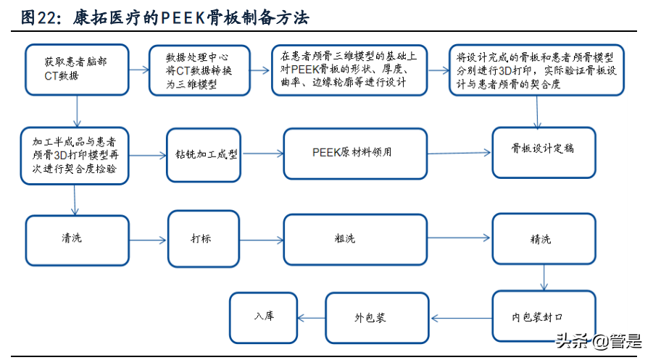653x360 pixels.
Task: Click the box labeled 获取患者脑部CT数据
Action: point(77,70)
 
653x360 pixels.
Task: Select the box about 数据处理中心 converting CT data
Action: point(199,70)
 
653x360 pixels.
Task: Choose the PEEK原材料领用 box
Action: point(355,153)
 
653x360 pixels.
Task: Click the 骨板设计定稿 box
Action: point(544,152)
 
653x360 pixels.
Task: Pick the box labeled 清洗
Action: point(77,239)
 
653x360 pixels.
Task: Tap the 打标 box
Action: point(203,239)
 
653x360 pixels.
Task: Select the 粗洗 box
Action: point(355,239)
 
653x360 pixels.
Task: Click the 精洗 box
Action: point(544,239)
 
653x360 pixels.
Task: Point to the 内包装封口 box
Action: point(544,317)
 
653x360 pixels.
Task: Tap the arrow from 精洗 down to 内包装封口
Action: point(544,277)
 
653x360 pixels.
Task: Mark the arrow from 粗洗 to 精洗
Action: point(459,238)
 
